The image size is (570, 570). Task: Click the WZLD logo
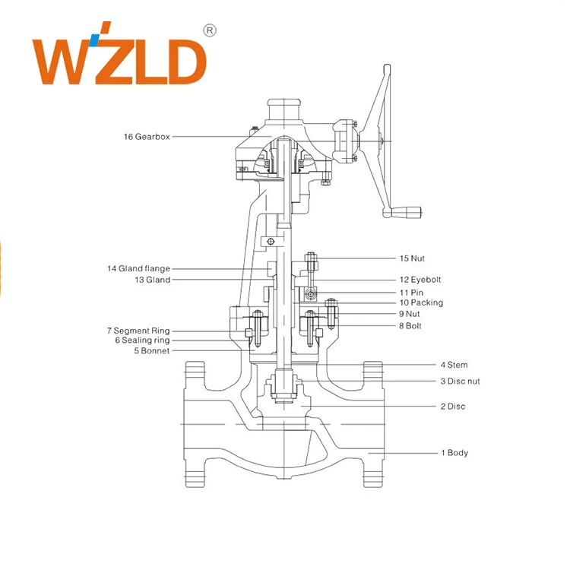pos(119,60)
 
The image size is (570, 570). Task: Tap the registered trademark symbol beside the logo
pos(211,31)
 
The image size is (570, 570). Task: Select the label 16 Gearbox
pos(147,137)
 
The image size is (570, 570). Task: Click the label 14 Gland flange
pos(138,268)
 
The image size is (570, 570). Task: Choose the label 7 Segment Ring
pos(138,331)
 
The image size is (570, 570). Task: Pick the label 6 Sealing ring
pos(142,340)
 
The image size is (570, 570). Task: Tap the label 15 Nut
pos(412,258)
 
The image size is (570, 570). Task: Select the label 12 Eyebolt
pos(420,280)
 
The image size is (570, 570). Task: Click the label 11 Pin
pos(411,292)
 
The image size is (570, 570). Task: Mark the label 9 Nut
pos(409,313)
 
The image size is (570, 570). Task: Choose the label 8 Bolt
pos(410,325)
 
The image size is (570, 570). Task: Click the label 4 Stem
pos(454,365)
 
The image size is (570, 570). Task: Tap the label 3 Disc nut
pos(460,381)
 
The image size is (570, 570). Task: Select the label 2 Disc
pos(453,406)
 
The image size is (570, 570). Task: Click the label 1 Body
pos(454,453)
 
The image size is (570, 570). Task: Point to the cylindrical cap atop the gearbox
pos(283,109)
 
